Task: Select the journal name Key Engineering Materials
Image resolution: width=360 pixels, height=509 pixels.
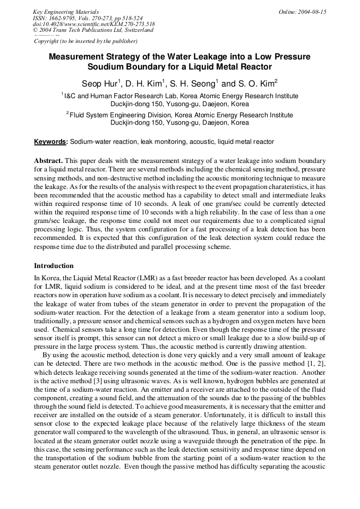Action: point(66,12)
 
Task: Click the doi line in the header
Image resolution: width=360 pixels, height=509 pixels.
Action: point(94,24)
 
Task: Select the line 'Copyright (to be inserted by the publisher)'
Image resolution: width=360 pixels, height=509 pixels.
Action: point(85,41)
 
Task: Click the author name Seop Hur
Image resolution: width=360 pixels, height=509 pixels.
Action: point(100,83)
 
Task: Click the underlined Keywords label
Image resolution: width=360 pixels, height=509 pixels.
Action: point(50,142)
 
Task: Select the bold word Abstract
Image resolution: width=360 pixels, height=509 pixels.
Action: point(48,160)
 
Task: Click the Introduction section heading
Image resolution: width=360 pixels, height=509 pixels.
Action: point(54,265)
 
